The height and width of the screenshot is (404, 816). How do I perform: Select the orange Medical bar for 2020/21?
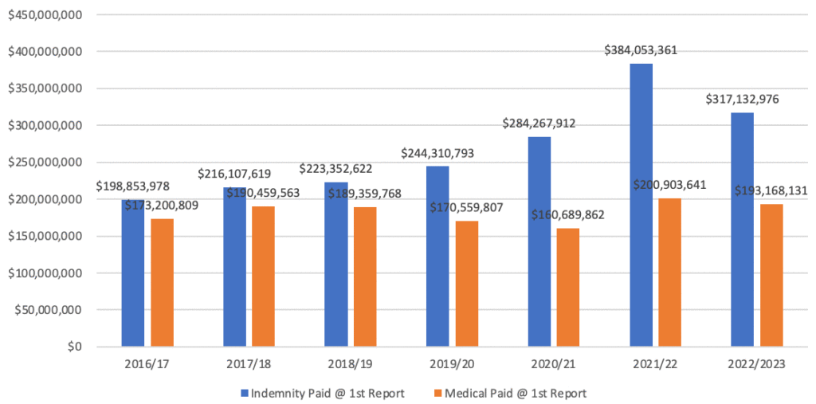point(568,288)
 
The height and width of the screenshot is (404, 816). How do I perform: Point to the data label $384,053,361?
point(641,50)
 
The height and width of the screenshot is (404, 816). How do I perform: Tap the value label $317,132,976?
point(743,100)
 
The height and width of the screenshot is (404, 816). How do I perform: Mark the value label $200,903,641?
point(669,184)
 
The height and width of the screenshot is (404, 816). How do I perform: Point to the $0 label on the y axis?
point(73,347)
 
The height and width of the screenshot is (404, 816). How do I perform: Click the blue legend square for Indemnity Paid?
point(244,393)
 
